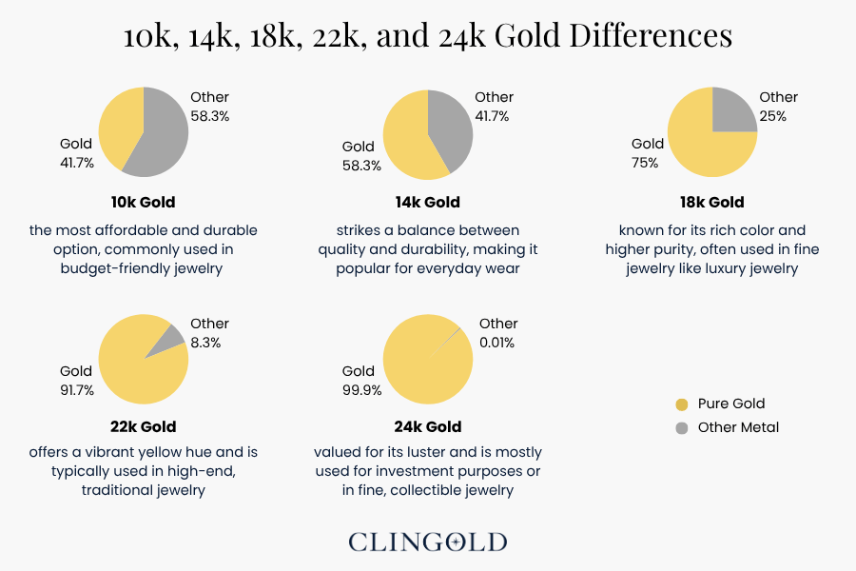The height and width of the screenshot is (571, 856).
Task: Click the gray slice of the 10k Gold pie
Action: [164, 133]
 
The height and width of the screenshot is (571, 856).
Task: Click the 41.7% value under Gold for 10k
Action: [77, 163]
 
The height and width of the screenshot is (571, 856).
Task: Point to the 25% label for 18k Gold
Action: [773, 116]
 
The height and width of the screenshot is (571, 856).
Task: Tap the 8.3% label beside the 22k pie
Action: [205, 343]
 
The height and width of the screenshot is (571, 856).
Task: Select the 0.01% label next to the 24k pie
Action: [497, 343]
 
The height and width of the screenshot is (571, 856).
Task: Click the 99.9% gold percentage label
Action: [362, 390]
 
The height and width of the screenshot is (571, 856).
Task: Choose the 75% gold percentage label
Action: [645, 163]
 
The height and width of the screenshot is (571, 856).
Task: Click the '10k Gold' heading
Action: [144, 202]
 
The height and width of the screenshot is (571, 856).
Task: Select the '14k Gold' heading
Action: [428, 202]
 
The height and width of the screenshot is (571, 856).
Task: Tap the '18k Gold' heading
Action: [712, 202]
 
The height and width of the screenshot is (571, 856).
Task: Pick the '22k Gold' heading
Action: [144, 426]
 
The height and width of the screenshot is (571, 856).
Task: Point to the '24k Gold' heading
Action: [429, 426]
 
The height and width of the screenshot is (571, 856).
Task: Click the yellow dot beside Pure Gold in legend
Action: [681, 404]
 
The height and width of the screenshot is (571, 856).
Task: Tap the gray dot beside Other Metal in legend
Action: [681, 428]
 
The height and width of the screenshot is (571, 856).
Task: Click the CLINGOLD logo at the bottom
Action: [428, 542]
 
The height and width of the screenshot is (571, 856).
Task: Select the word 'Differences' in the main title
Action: [651, 36]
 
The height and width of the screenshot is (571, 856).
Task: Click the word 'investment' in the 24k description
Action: [411, 471]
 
